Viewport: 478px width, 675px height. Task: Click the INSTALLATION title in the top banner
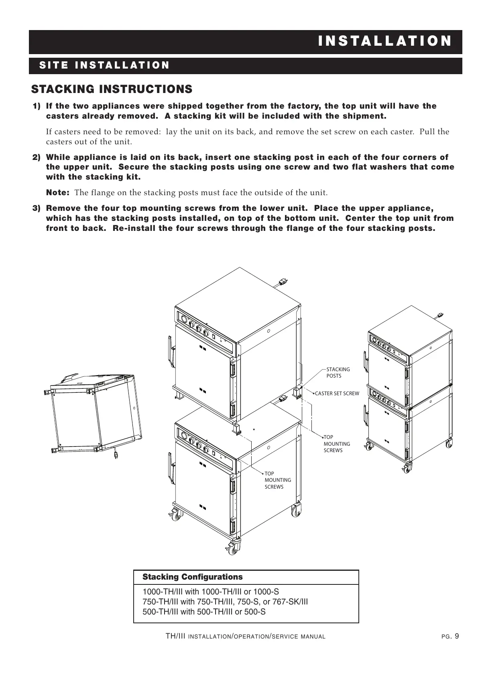(384, 41)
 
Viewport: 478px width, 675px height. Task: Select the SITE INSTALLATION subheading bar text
(104, 66)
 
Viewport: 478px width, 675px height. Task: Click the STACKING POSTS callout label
(338, 372)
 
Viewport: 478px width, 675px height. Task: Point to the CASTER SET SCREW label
(337, 394)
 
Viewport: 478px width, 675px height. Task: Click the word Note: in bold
(58, 193)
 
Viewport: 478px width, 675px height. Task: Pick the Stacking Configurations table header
(193, 577)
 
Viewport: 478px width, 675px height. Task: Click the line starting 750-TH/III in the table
(225, 602)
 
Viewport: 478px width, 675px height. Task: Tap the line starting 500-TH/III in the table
(204, 612)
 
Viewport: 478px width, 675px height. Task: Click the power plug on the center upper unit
(283, 282)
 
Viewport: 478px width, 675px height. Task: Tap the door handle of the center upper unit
(170, 351)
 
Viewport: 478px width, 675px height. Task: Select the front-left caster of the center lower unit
(175, 514)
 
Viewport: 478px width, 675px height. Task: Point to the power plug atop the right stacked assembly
(439, 315)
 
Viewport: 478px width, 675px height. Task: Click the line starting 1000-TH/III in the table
(211, 592)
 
